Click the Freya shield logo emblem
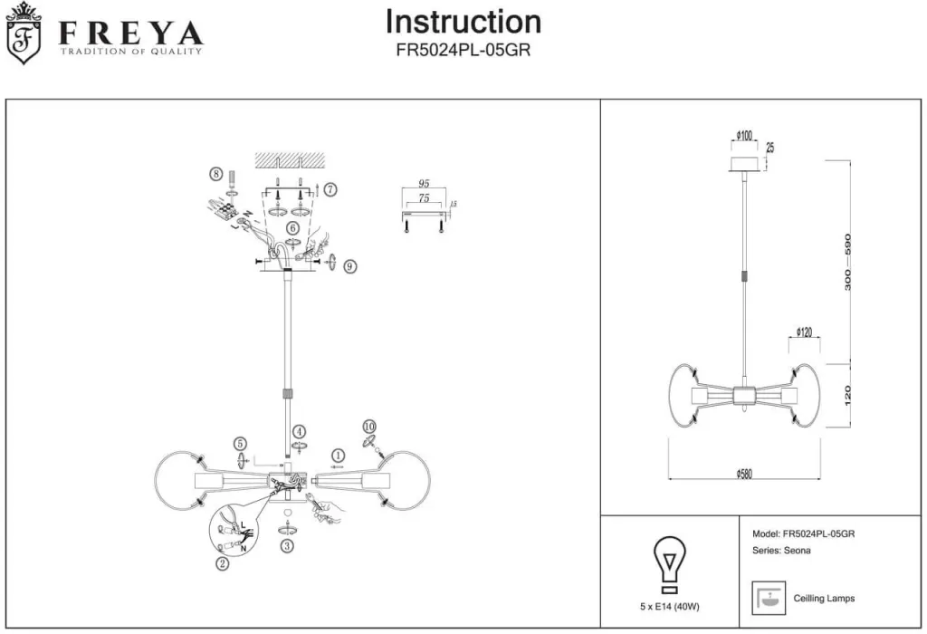pos(24,34)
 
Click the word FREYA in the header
pos(130,34)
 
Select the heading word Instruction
pos(463,22)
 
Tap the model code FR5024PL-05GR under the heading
pos(463,52)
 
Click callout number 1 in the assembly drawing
pos(338,455)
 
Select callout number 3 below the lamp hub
pos(287,545)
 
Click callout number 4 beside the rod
pos(299,432)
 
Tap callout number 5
pos(240,444)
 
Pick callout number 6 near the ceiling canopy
pos(292,228)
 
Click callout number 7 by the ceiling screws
pos(330,190)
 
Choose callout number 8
pos(215,173)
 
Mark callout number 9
pos(350,266)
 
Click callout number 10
pos(368,427)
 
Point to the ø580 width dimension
pos(743,473)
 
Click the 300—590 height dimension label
pos(848,262)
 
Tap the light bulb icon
pos(670,562)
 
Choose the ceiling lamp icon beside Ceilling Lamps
pos(767,599)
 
